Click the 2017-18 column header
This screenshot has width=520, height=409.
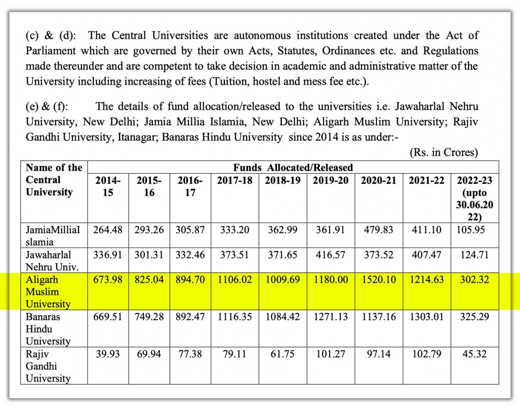point(234,180)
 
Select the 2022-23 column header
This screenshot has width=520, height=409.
point(474,198)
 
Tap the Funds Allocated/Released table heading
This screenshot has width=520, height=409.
point(293,167)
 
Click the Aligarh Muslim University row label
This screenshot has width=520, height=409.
point(48,292)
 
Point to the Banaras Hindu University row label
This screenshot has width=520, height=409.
point(48,329)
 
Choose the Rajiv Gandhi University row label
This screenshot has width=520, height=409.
point(48,366)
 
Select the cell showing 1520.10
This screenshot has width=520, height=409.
point(378,280)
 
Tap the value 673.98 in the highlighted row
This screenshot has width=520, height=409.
point(107,280)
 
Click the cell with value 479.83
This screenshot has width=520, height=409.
point(378,230)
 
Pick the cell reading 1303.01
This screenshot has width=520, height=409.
point(426,317)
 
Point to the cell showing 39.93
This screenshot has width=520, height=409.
point(107,354)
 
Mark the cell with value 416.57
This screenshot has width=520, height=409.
point(331,255)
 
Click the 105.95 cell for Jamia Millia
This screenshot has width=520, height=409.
point(474,230)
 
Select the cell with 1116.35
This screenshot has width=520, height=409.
point(234,317)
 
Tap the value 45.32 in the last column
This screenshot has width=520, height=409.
point(474,354)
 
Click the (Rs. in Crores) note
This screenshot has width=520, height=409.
point(444,153)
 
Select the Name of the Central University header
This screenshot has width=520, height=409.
point(54,179)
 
